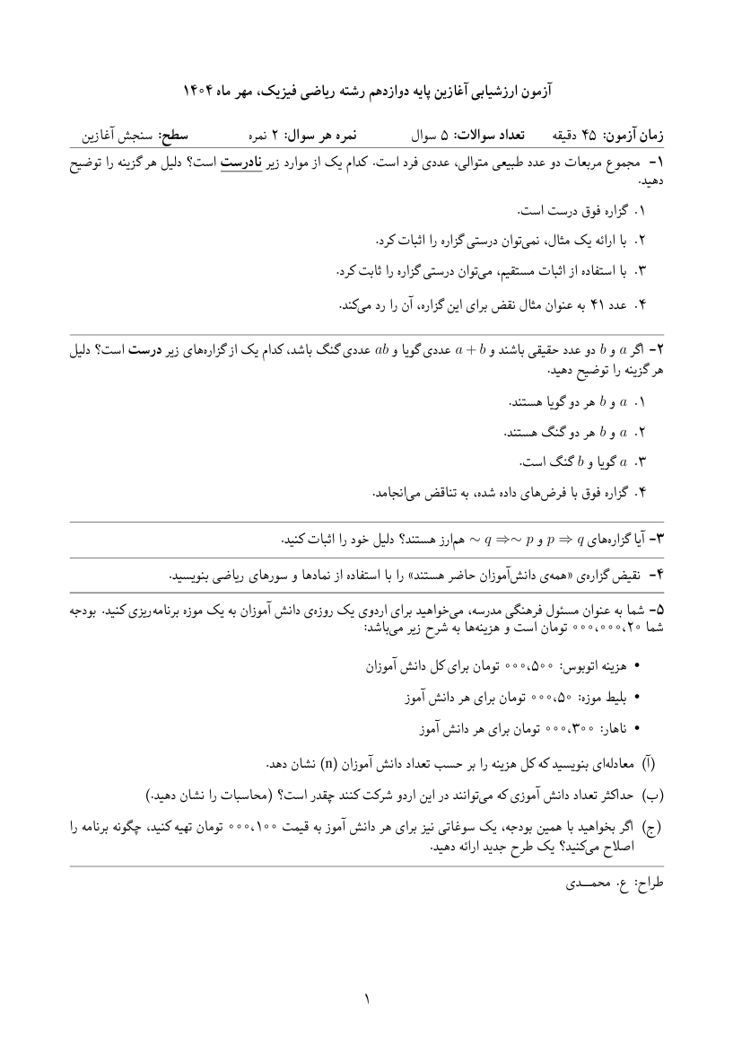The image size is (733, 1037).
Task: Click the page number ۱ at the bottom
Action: (367, 995)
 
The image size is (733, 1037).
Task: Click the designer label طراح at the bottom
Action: (646, 883)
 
